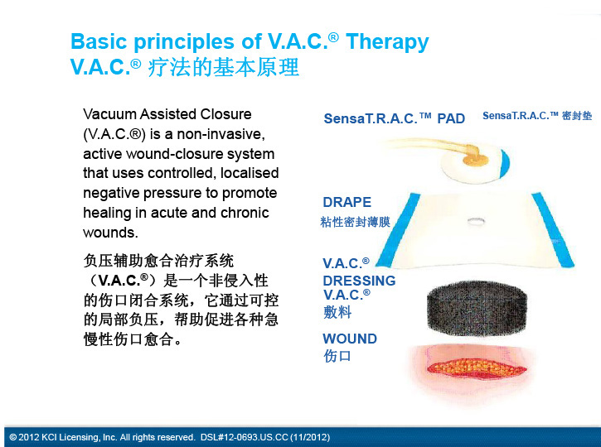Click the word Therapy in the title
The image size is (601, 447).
(x=387, y=42)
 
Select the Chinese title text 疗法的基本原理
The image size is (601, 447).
(x=224, y=67)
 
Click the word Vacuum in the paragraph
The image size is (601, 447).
(x=109, y=114)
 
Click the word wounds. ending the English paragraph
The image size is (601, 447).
(x=110, y=233)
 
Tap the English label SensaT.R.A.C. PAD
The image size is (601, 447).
(x=395, y=118)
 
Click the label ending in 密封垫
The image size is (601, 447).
(x=537, y=116)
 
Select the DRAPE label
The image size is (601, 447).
(x=347, y=202)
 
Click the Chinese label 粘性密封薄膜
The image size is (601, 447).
(x=355, y=222)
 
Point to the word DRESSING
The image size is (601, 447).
(x=359, y=281)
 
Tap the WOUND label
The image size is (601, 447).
(x=350, y=339)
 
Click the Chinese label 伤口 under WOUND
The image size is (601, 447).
(x=337, y=356)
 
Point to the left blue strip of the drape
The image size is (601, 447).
(x=398, y=229)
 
